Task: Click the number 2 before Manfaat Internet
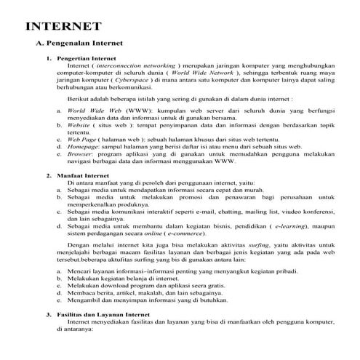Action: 48,175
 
